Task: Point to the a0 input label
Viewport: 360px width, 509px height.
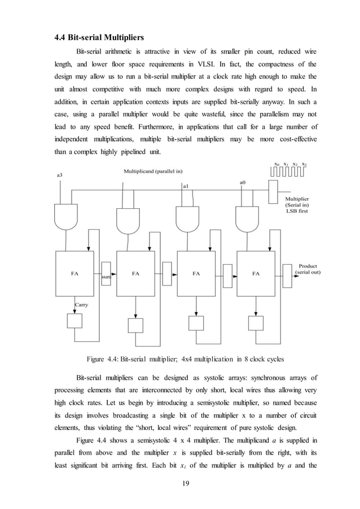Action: point(243,182)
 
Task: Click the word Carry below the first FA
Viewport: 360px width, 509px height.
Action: point(82,304)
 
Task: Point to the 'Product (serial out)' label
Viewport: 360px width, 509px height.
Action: point(308,269)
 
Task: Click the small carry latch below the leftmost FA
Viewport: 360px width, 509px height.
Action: point(74,321)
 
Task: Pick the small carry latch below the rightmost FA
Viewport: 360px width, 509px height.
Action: point(256,323)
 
